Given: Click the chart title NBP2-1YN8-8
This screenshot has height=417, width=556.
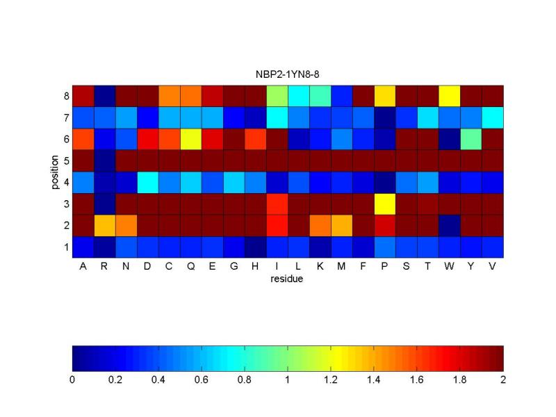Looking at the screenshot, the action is (287, 74).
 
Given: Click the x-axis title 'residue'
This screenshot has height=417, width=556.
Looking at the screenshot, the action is (286, 279).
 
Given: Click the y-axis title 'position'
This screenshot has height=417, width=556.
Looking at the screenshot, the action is (54, 172).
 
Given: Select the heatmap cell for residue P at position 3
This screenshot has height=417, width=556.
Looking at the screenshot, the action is (385, 204).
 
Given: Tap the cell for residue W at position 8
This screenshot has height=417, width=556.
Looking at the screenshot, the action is (449, 96).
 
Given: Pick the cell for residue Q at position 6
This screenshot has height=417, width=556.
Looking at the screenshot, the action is (190, 139).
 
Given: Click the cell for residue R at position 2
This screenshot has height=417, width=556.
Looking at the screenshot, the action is (105, 225).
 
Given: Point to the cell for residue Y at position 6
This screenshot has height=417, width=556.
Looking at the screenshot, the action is (471, 139).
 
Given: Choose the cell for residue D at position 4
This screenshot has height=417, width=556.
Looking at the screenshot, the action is (148, 182).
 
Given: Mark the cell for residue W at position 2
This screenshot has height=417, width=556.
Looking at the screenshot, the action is (449, 225).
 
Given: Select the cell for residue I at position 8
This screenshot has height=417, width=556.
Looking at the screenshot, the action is (277, 96).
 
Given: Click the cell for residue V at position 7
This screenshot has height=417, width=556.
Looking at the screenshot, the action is (493, 117).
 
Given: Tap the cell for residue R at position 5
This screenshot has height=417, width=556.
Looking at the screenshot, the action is (105, 161).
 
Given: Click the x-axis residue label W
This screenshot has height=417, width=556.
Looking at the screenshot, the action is (449, 266).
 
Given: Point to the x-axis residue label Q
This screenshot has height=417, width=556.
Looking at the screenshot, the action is (190, 267).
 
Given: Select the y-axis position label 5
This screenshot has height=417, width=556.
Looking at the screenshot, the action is (66, 161).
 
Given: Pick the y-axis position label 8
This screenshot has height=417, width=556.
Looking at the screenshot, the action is (66, 96).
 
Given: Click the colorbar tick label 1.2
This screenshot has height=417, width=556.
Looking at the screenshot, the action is (331, 379).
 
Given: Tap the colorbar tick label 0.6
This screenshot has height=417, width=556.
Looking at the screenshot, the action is (202, 379).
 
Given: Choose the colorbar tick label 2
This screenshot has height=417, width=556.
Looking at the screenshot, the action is (503, 379).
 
